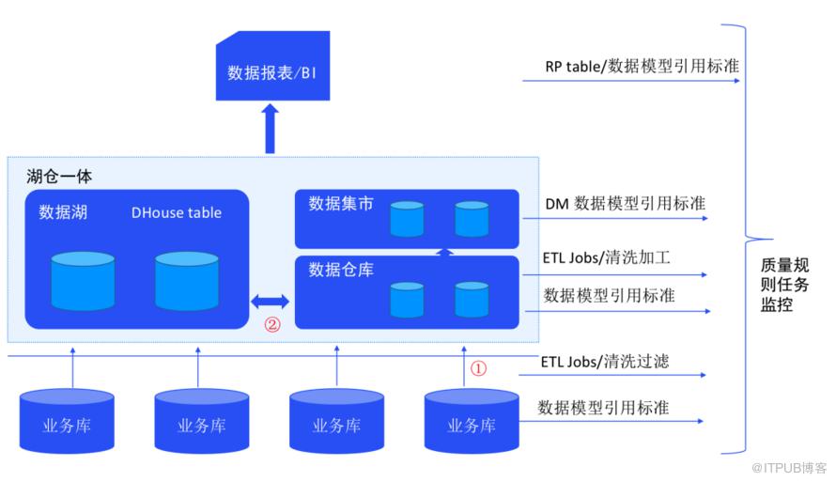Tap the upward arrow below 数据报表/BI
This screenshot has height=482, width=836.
tap(271, 128)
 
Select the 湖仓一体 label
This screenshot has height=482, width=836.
tap(59, 177)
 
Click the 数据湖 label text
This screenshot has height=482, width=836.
tap(63, 212)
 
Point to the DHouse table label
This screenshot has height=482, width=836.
tap(177, 212)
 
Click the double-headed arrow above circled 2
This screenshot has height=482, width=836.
tap(270, 302)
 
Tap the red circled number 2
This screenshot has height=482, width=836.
tap(272, 327)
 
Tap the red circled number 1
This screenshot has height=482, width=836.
tap(478, 368)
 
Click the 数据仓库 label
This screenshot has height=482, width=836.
tap(341, 271)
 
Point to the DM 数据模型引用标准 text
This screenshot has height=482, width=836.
tap(626, 204)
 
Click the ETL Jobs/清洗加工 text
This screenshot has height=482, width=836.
tap(606, 257)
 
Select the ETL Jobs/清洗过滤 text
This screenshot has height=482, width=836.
tap(605, 361)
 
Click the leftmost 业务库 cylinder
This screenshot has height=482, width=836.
tap(67, 419)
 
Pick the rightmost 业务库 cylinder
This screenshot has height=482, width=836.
tap(472, 419)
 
